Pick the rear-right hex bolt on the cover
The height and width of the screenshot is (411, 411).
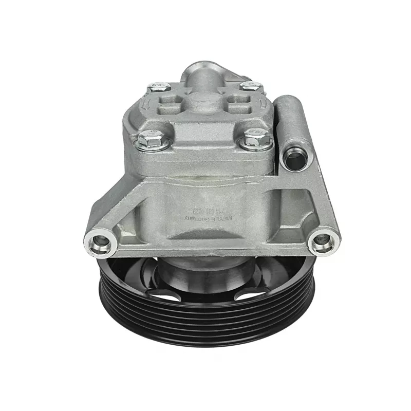click(x=251, y=86)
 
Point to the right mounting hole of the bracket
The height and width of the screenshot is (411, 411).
click(x=322, y=239)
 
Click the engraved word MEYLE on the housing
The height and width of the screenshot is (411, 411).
click(x=224, y=218)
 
